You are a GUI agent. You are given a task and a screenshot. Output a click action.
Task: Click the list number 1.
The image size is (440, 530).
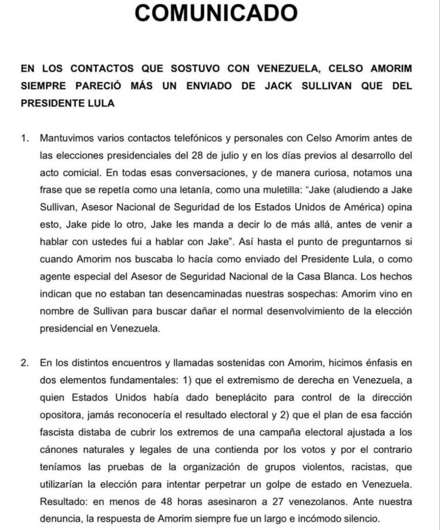pyautogui.click(x=24, y=139)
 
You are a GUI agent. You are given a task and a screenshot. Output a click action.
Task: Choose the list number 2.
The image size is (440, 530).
pyautogui.click(x=24, y=363)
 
